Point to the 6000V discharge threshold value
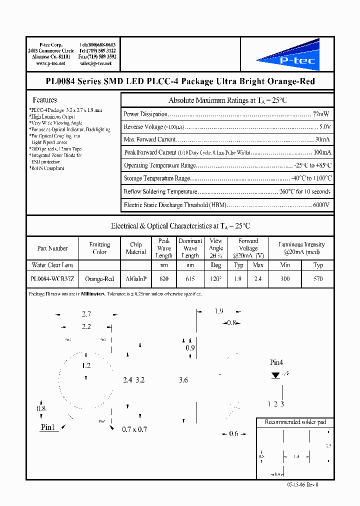click(321, 204)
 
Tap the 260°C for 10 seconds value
click(305, 191)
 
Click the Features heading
click(44, 100)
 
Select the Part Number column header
click(52, 248)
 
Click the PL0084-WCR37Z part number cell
click(52, 279)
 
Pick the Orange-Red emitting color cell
click(99, 279)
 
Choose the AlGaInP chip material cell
click(135, 279)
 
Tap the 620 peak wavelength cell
click(164, 279)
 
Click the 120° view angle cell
click(216, 279)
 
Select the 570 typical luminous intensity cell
click(318, 279)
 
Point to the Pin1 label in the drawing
click(47, 427)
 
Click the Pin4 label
click(276, 362)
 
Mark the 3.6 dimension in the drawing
click(183, 380)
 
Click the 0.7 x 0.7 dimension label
click(135, 429)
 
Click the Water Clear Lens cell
click(52, 265)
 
